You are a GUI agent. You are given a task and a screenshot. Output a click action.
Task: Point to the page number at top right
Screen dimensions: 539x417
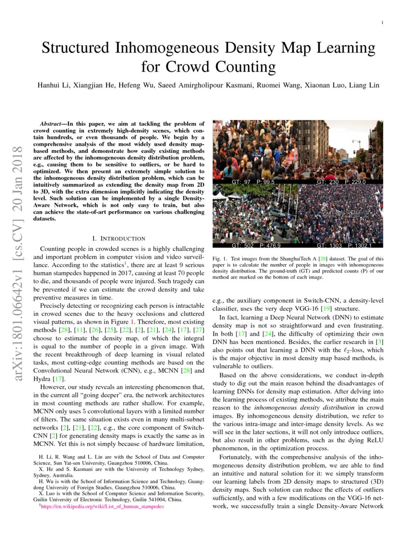click(x=382, y=23)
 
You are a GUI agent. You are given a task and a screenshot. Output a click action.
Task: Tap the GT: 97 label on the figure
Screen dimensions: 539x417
click(x=240, y=182)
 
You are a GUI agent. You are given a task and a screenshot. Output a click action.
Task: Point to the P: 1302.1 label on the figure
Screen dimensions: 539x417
click(x=360, y=245)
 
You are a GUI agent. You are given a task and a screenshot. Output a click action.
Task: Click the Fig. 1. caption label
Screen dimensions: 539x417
click(x=219, y=258)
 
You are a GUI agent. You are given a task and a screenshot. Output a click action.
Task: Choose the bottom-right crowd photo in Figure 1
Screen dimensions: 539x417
click(x=340, y=215)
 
